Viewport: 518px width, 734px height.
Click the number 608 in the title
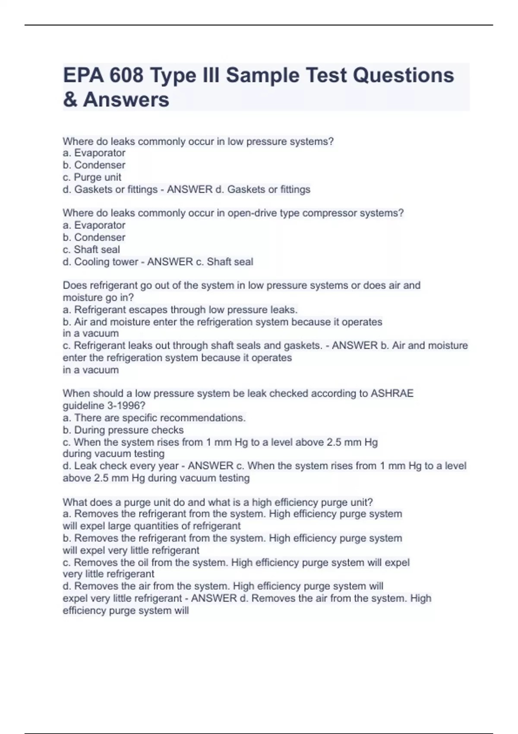point(126,75)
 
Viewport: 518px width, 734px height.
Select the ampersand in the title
point(70,99)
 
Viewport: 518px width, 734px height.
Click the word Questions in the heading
point(403,75)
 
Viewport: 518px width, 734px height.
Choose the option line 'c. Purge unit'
point(92,177)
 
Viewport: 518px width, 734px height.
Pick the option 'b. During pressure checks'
point(123,430)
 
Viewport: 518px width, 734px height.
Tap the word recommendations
point(202,418)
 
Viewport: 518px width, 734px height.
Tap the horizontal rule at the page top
point(259,25)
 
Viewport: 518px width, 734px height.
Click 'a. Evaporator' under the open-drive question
point(94,225)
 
